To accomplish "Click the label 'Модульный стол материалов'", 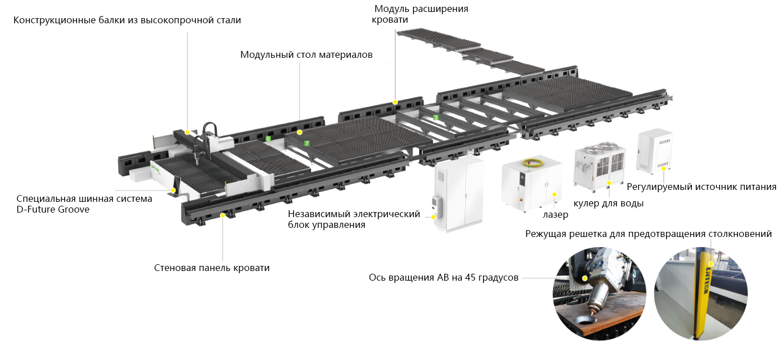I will coord(306,55).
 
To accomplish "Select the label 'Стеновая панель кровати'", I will coord(211,268).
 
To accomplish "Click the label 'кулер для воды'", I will coord(608,203).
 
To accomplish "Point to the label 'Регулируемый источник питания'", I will coord(701,187).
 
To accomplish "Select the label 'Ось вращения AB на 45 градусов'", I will coord(443,278).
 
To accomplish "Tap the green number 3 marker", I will coord(435,117).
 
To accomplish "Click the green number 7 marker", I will coord(307,143).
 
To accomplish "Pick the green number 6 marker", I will coord(268,138).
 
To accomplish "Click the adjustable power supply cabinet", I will coord(654,152).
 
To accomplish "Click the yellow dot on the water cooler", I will coord(609,183).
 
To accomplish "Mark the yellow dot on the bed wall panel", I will coord(223,215).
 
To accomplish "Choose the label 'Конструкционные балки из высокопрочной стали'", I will coord(127,20).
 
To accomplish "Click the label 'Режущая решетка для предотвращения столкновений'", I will coord(648,234).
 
